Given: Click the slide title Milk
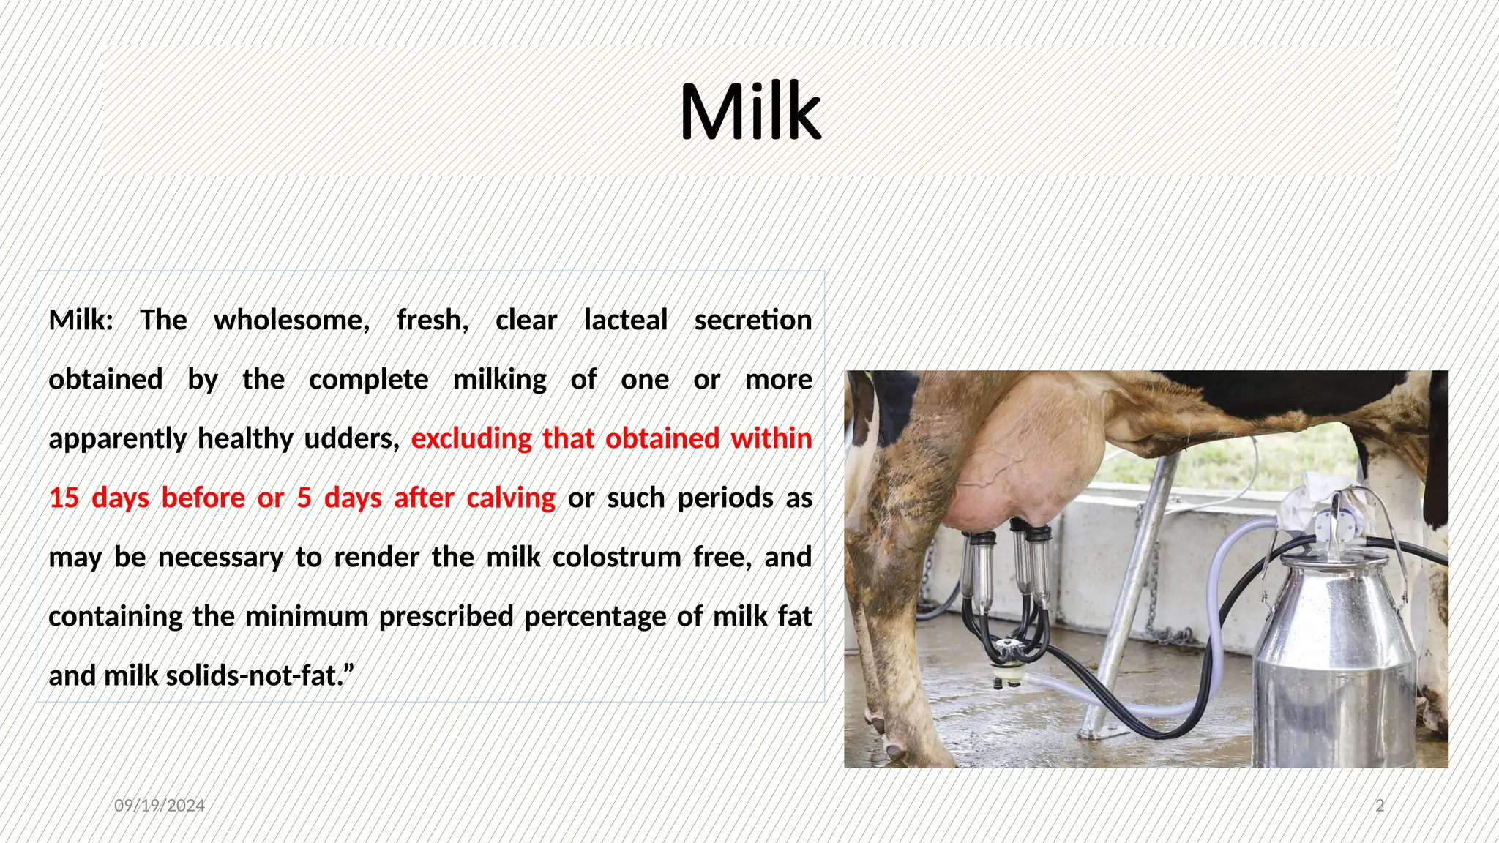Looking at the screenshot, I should pos(749,112).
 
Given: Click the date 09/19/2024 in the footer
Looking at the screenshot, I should pos(160,806).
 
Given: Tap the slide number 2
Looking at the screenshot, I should pos(1380,806).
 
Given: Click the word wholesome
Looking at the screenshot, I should pos(291,321).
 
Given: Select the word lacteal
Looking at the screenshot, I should pos(626,321).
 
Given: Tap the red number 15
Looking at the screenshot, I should pos(64,498).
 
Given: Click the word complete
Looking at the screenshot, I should pos(369,380).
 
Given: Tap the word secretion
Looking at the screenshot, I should pos(753,321).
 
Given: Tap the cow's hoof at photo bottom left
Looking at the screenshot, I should pos(894,750).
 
